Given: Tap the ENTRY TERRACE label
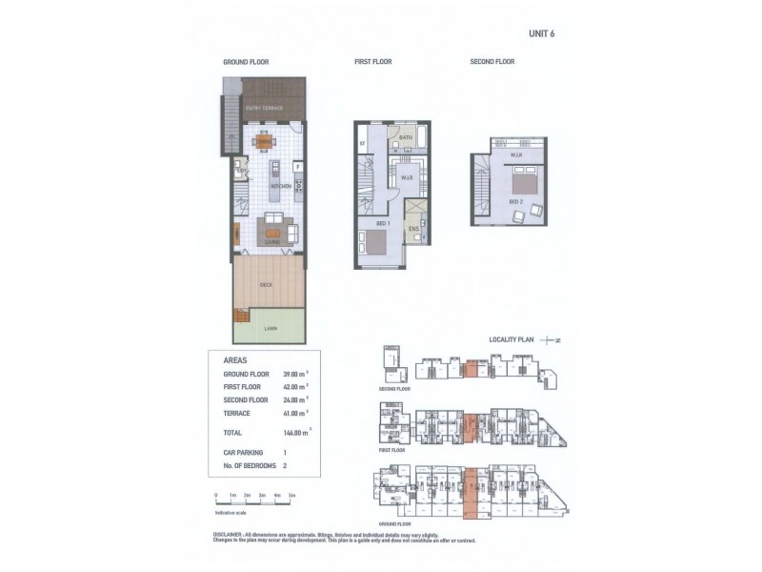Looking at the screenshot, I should click(x=264, y=109).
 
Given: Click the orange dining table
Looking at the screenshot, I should click(x=264, y=142).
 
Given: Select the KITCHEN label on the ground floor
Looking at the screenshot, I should click(x=280, y=187).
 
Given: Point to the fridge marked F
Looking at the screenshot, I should click(x=298, y=168).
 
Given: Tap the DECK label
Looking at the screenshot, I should click(x=267, y=285).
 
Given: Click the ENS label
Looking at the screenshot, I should click(x=413, y=229).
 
